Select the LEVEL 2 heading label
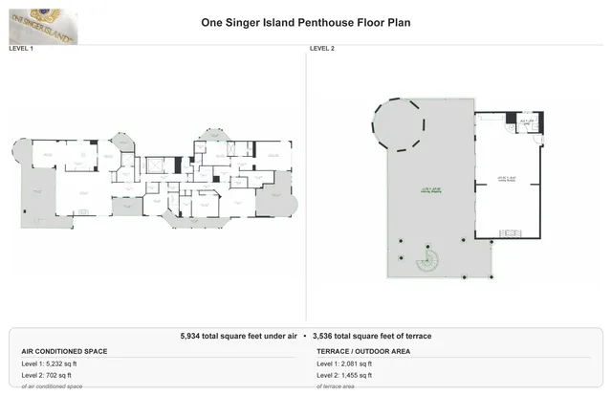point(322,47)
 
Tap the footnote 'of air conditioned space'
point(52,385)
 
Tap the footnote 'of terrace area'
point(336,385)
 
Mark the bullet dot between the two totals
point(305,336)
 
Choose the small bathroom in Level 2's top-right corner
point(524,122)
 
